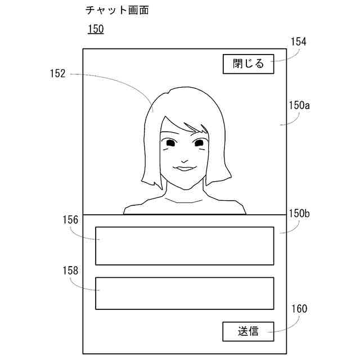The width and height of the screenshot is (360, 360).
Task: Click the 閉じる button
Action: click(248, 64)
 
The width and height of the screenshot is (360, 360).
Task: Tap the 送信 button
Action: click(248, 331)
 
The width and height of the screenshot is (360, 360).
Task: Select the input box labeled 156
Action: click(184, 246)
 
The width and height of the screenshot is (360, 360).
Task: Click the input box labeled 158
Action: click(184, 293)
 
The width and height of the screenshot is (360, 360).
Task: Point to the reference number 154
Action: click(298, 42)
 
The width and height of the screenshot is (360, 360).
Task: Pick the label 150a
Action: click(299, 105)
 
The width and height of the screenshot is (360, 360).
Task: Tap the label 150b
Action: click(299, 214)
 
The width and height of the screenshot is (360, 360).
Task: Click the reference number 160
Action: click(299, 308)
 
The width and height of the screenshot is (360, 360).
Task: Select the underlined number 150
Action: click(95, 29)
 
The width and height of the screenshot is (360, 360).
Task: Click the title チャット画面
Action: click(117, 10)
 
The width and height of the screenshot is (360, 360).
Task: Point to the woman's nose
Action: click(181, 156)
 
